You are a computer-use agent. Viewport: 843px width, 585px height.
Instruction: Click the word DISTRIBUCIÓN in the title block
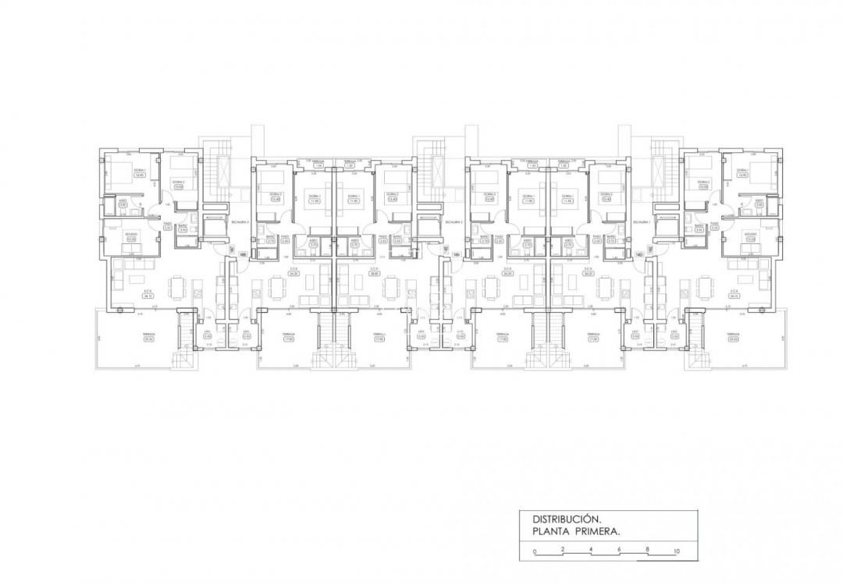click(x=566, y=519)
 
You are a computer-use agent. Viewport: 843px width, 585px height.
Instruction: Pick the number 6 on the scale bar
click(x=620, y=551)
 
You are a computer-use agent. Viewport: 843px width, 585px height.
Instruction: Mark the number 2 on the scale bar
click(x=563, y=551)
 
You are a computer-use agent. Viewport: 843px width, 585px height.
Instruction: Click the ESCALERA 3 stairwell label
click(x=239, y=222)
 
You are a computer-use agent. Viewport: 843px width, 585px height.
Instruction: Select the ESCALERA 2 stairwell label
click(x=454, y=222)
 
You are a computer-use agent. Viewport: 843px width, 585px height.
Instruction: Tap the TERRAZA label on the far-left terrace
click(x=149, y=334)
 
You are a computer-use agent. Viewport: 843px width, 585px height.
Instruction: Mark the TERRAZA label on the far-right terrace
click(x=732, y=334)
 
